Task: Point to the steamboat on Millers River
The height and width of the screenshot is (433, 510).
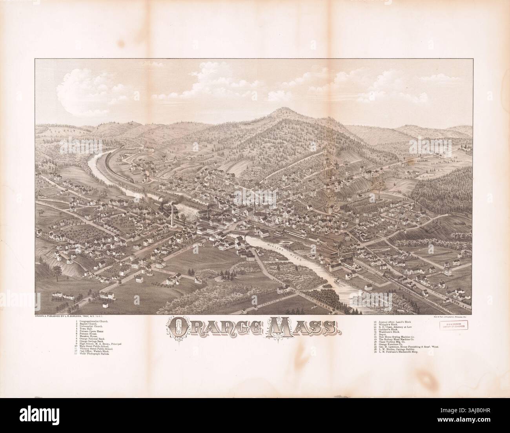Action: [336, 282]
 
